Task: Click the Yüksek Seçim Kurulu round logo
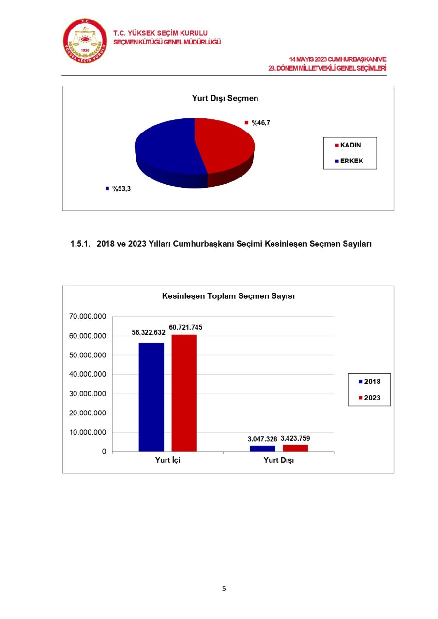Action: [x=85, y=41]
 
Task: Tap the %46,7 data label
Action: [x=260, y=123]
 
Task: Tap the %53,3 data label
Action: [x=121, y=189]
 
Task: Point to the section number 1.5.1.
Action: [x=81, y=244]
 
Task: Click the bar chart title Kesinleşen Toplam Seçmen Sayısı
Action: [x=228, y=296]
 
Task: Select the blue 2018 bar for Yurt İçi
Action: [x=151, y=397]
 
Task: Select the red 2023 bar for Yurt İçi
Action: [x=184, y=393]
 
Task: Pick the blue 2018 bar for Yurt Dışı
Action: [x=262, y=448]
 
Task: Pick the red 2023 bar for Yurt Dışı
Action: [x=295, y=448]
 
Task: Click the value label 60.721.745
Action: [x=186, y=327]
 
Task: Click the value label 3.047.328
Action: [x=262, y=439]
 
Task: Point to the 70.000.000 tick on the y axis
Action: [x=88, y=317]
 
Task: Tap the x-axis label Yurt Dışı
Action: [x=279, y=460]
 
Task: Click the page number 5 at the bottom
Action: [x=224, y=589]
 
